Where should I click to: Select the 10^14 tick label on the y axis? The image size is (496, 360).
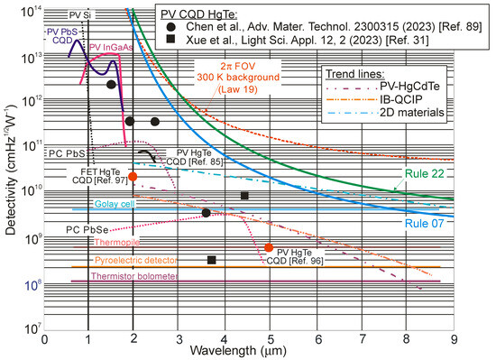coord(26,9)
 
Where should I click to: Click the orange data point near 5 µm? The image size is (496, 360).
coord(269,247)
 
